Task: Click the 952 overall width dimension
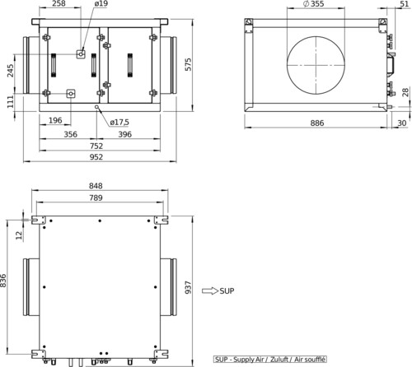click(96, 157)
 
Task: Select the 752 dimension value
click(96, 146)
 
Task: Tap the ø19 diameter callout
click(101, 3)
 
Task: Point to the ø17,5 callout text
click(119, 123)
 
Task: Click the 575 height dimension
click(188, 64)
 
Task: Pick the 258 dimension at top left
click(59, 3)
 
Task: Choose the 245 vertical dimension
click(10, 71)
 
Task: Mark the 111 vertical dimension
click(10, 102)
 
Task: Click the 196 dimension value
click(55, 120)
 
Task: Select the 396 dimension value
click(125, 134)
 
